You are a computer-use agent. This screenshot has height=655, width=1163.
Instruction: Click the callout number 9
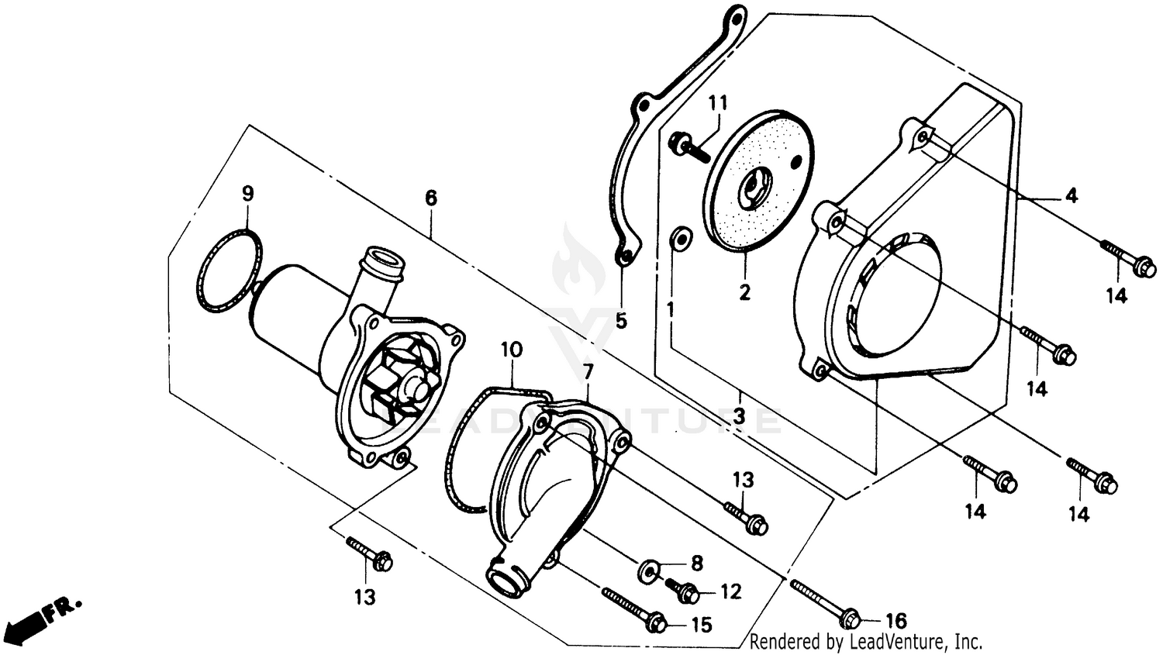coord(247,194)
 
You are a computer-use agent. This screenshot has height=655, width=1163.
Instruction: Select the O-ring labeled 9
coord(229,271)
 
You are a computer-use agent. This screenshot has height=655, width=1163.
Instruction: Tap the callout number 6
coord(431,198)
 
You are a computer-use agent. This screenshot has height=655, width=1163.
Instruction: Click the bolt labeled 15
coord(633,608)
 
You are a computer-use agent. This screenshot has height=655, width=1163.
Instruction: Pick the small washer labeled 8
coord(649,571)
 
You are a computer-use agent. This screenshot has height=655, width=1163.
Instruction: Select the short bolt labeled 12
coord(679,591)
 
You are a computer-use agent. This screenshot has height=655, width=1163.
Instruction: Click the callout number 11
coord(718,103)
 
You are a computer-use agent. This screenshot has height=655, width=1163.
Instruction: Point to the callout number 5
coord(621,320)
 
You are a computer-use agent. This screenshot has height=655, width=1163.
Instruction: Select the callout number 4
coord(1071,196)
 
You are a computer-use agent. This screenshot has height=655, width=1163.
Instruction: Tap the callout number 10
coord(512,350)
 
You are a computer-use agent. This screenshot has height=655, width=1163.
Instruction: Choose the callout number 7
coord(588,372)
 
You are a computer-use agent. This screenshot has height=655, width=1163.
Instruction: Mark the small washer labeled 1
coord(680,239)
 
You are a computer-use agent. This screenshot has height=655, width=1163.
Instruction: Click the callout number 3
coord(739,416)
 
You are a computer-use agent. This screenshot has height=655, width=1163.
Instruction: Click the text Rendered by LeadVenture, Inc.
coord(866,642)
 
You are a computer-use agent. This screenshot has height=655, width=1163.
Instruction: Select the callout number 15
coord(701,625)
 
